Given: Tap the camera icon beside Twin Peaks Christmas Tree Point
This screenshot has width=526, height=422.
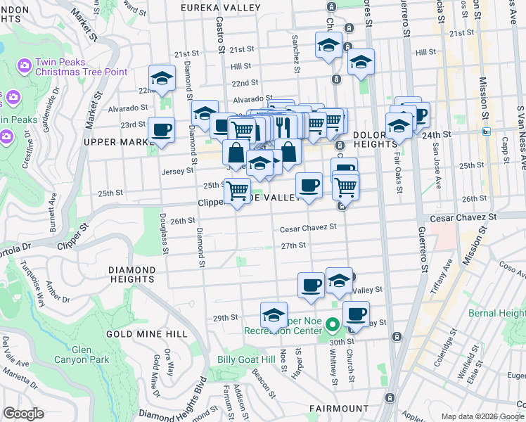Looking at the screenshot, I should tap(25, 65).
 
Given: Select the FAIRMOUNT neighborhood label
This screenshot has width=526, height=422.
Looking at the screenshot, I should tap(339, 408).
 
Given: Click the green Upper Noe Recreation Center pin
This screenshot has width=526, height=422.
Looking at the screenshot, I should tap(333, 326).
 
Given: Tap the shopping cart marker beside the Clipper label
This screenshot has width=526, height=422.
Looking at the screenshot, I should tap(237, 189).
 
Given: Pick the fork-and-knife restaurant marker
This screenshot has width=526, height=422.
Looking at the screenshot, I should tap(283, 126).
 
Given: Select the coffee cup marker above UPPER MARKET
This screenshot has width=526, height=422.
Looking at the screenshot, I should tap(161, 130).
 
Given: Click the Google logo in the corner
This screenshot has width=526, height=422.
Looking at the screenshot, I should tap(23, 413).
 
